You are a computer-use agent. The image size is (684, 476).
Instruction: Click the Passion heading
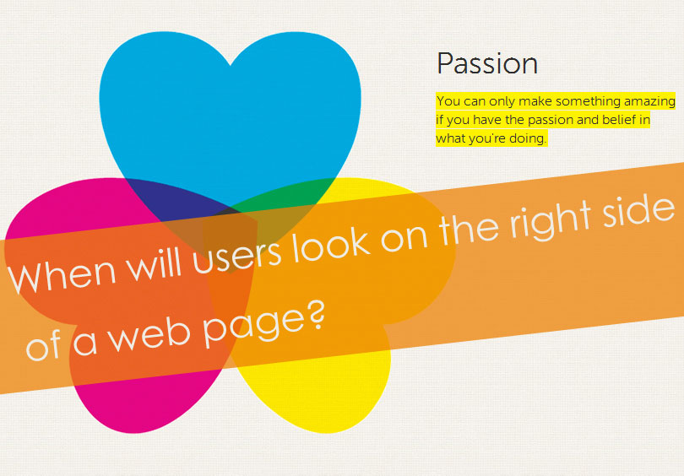[x=487, y=63]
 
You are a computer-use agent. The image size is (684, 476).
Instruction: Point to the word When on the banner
[x=62, y=275]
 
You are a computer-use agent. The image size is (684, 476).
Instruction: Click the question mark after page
[x=318, y=314]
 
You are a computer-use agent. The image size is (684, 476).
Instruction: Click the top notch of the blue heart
[x=231, y=65]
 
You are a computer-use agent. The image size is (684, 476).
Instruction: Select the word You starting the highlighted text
[x=448, y=101]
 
